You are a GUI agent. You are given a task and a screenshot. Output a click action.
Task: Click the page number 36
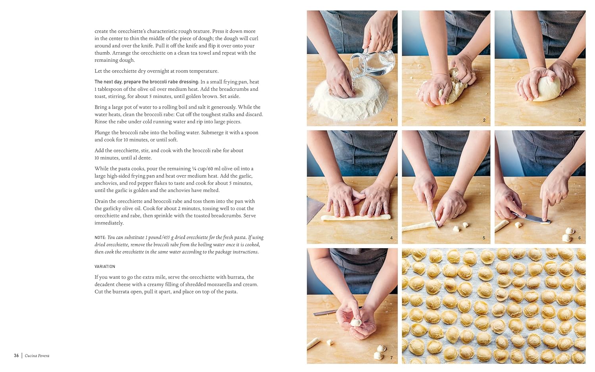16,355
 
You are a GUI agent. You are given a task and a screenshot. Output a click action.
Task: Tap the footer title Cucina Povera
37,355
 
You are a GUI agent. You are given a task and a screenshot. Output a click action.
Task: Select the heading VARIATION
105,267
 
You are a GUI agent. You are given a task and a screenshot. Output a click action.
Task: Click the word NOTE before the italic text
100,238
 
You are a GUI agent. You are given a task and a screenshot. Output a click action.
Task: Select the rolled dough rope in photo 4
356,218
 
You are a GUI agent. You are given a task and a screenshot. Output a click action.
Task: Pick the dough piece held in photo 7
356,322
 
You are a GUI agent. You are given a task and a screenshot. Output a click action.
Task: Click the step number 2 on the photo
484,120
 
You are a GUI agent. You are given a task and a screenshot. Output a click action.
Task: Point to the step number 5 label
484,238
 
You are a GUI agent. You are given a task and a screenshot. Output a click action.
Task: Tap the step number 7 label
391,358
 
